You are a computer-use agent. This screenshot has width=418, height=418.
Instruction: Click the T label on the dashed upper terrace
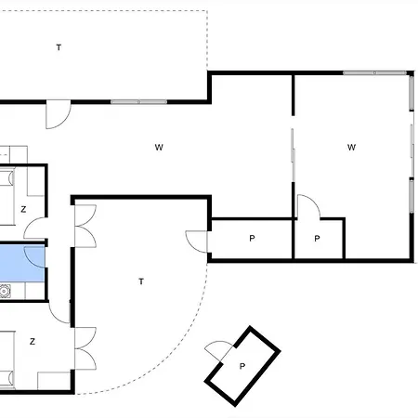click(59, 46)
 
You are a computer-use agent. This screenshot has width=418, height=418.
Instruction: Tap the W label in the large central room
click(159, 147)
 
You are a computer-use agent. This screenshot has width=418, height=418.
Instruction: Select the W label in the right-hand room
click(351, 147)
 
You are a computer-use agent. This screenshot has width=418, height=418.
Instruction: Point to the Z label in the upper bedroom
click(23, 209)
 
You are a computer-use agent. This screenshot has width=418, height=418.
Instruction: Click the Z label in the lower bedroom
click(33, 342)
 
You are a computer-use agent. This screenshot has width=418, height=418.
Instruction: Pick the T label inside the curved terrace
click(140, 281)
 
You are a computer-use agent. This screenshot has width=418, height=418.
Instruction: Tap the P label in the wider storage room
click(252, 240)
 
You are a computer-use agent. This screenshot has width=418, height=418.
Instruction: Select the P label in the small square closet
click(317, 240)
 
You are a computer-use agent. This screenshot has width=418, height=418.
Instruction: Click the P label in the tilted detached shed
click(242, 366)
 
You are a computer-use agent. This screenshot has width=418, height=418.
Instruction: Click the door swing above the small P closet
click(307, 206)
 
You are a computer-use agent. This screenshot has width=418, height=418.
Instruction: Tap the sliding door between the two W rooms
click(294, 153)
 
